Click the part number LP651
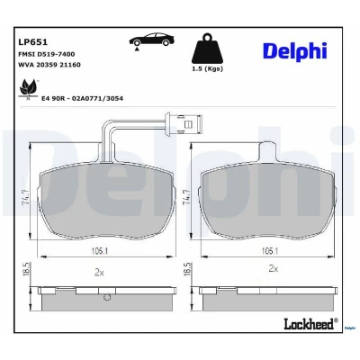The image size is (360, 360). coord(33,42)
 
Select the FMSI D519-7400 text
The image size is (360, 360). coord(47,54)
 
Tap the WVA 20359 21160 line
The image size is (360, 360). coord(49,65)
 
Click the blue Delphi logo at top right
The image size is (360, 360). coord(295,51)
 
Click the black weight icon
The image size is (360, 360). coord(207,48)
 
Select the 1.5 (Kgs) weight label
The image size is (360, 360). coord(207,68)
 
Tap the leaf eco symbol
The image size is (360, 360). coord(29,88)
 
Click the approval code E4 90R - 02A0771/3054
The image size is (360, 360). coord(82,98)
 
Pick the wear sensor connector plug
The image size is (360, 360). coord(183,122)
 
